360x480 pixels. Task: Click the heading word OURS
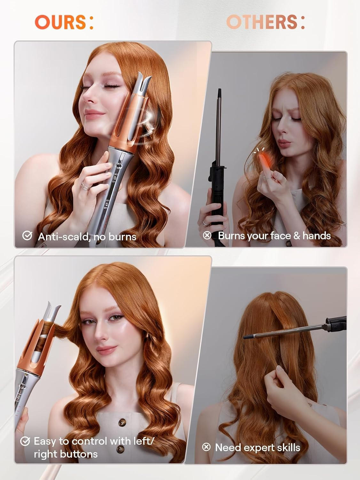coord(60,22)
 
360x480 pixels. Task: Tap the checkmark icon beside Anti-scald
coord(27,236)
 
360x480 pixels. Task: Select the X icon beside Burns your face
coord(207,236)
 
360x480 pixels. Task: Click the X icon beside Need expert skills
coord(206,447)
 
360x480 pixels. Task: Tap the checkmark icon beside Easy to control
coord(25,441)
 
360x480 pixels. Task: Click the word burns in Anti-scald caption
coord(122,237)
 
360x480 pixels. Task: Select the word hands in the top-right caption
coord(317,236)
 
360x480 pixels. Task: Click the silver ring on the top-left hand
coord(84,185)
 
